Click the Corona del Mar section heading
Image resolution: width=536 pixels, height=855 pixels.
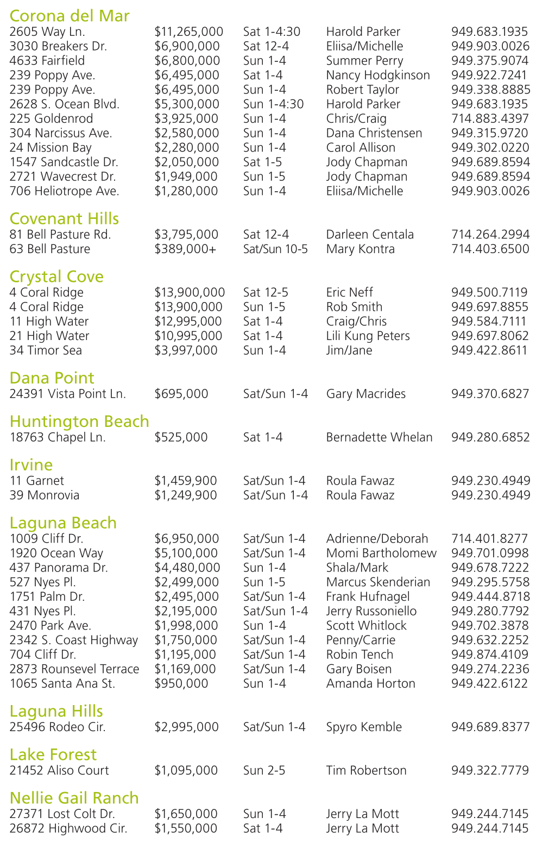pyautogui.click(x=70, y=16)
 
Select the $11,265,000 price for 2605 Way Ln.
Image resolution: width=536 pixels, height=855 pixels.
pyautogui.click(x=188, y=32)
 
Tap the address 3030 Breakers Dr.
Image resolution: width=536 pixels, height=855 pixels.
pyautogui.click(x=58, y=47)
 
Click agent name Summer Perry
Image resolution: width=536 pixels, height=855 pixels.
pyautogui.click(x=364, y=61)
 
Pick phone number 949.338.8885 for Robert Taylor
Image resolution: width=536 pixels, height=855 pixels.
pyautogui.click(x=490, y=90)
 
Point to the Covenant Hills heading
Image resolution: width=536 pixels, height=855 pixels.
pyautogui.click(x=64, y=218)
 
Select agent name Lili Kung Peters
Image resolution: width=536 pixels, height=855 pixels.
pyautogui.click(x=368, y=336)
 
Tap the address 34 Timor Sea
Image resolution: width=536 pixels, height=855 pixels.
pyautogui.click(x=46, y=350)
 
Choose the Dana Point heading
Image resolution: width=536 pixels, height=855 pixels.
pyautogui.click(x=52, y=378)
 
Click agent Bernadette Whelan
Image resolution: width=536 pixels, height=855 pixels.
pyautogui.click(x=379, y=437)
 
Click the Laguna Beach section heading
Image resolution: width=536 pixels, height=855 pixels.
pyautogui.click(x=63, y=523)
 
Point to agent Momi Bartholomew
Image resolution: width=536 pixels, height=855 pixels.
pyautogui.click(x=381, y=554)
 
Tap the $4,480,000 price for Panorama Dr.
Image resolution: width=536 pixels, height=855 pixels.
pyautogui.click(x=187, y=568)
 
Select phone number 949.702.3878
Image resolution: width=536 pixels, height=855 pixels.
pyautogui.click(x=490, y=626)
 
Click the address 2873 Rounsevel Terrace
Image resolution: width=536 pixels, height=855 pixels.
pyautogui.click(x=74, y=669)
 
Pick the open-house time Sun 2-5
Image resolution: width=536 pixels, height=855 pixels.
pyautogui.click(x=264, y=771)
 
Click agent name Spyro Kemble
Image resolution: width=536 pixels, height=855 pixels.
pyautogui.click(x=364, y=727)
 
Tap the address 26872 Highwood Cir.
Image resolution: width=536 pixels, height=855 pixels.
pyautogui.click(x=68, y=828)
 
